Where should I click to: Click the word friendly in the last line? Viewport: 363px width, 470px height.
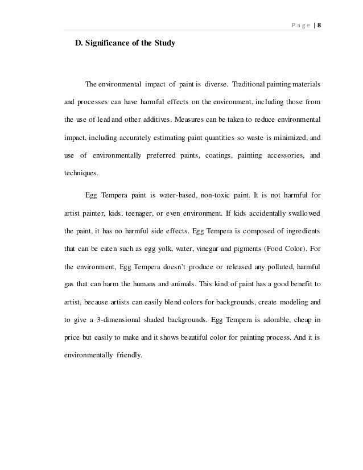(131, 354)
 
